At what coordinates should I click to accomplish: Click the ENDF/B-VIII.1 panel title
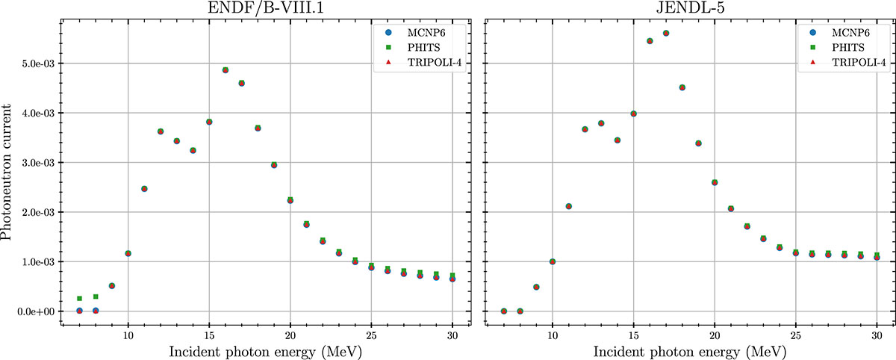(x=265, y=8)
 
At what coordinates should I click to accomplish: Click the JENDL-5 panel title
(x=688, y=8)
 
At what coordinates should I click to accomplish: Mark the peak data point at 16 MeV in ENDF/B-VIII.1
(x=225, y=70)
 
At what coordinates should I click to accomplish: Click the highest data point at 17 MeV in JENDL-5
(x=666, y=34)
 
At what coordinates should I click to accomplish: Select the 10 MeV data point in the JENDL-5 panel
(x=553, y=261)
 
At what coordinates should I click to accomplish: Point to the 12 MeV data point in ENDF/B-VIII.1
(x=161, y=131)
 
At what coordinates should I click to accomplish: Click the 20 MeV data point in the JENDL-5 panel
(x=715, y=182)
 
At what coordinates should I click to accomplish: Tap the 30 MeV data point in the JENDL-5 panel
(x=877, y=257)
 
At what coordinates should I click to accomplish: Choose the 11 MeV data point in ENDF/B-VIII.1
(x=144, y=189)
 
